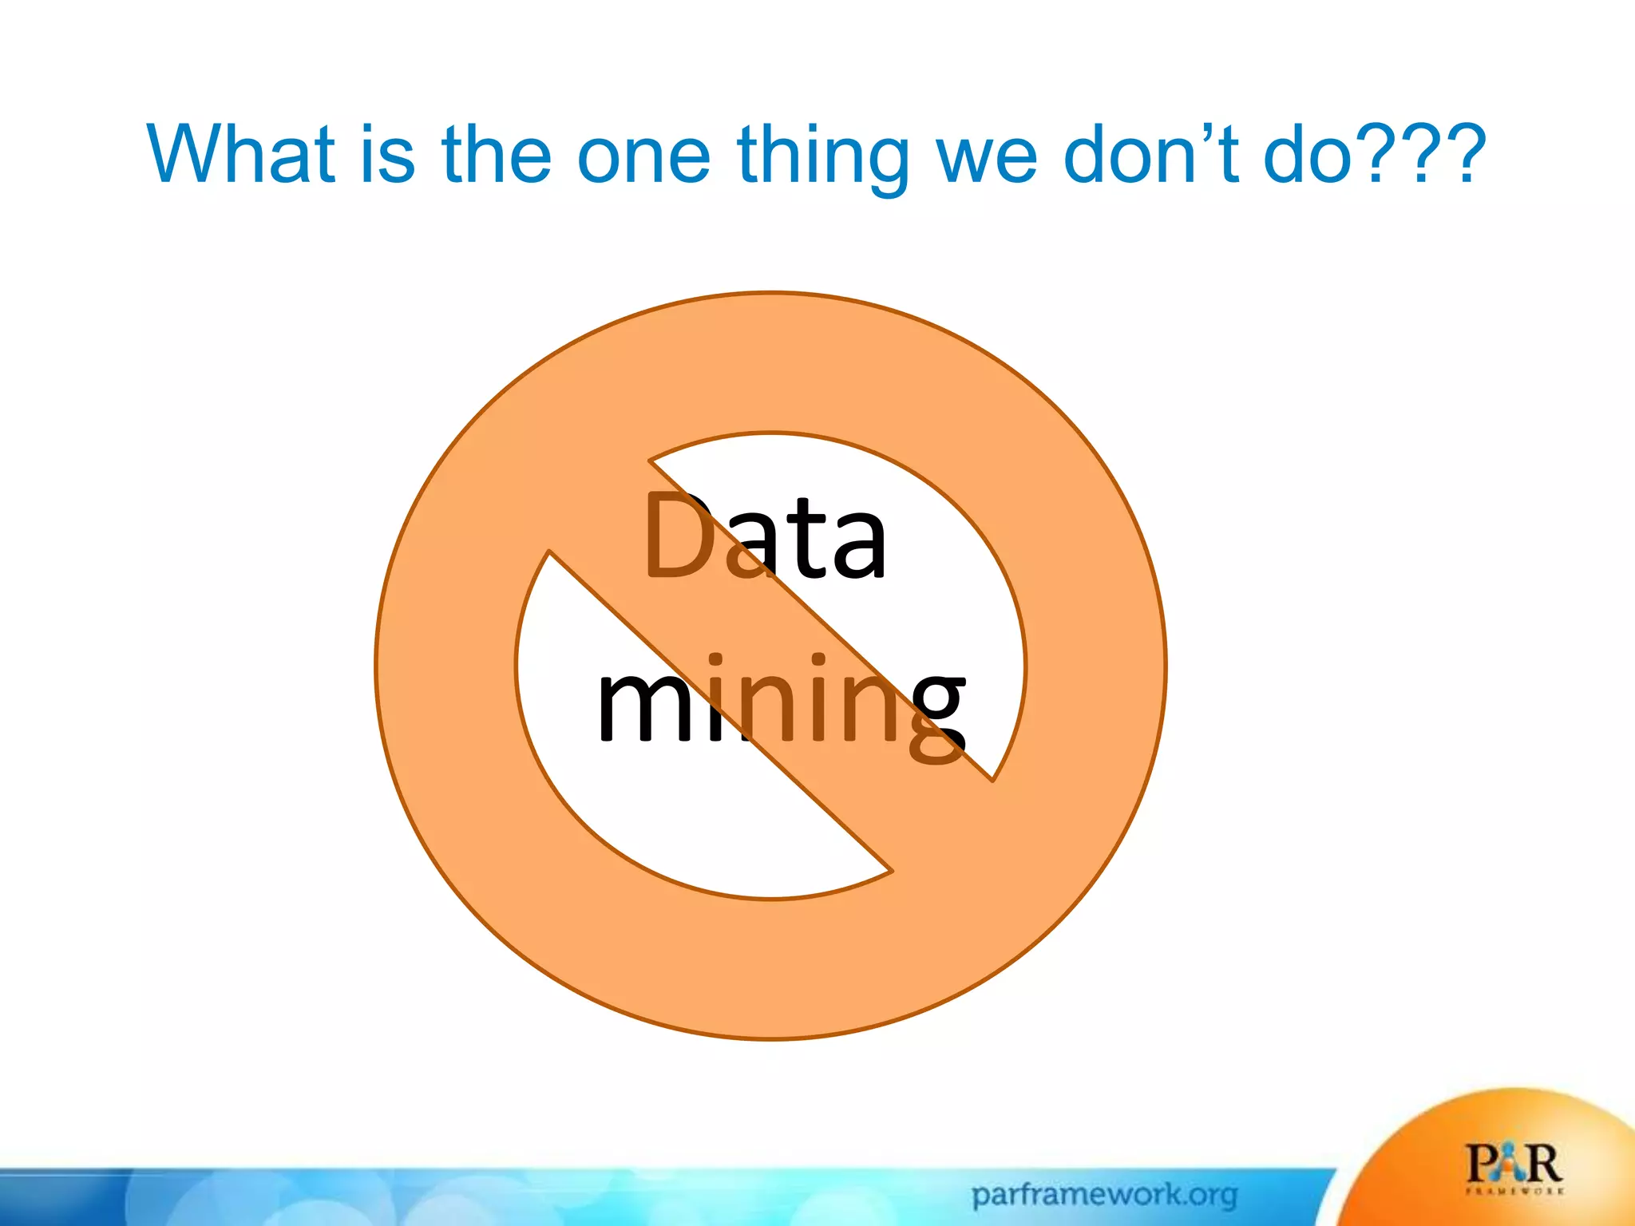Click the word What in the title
[240, 153]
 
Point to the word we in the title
[987, 157]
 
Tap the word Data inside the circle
[765, 536]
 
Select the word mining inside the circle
[781, 702]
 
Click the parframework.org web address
[1104, 1195]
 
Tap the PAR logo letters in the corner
[1514, 1163]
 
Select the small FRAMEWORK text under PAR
[1514, 1191]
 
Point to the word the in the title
[495, 153]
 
